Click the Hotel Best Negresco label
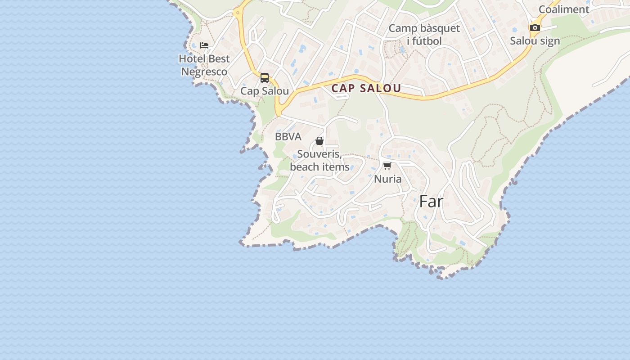[x=204, y=65]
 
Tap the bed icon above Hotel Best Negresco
[x=204, y=45]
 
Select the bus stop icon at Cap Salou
[x=265, y=77]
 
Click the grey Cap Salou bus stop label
[x=265, y=91]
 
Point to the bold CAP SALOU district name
[x=366, y=88]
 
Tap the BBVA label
[x=288, y=137]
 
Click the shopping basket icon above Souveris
[x=319, y=141]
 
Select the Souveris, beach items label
[x=319, y=161]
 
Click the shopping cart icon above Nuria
[x=387, y=166]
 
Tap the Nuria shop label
[x=388, y=179]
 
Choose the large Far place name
[x=431, y=202]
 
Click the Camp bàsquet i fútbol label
[x=424, y=35]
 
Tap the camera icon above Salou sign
[x=535, y=27]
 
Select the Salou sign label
[x=535, y=41]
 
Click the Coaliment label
[x=564, y=9]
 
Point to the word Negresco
[x=204, y=72]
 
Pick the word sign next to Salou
[x=550, y=41]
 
